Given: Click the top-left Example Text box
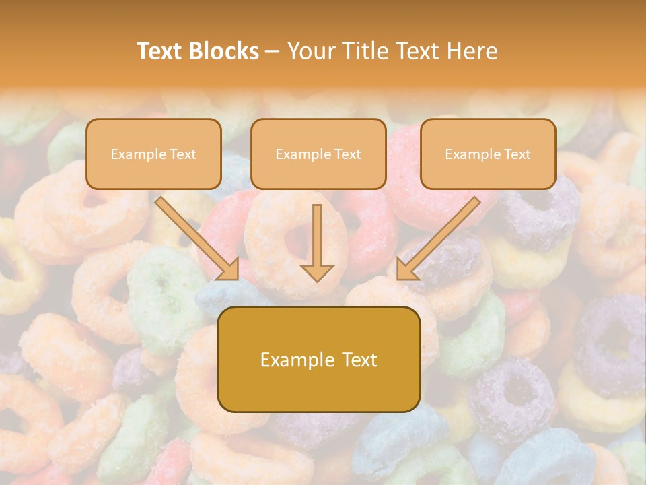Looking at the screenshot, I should [x=153, y=154].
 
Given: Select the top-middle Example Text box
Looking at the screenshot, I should [x=318, y=154].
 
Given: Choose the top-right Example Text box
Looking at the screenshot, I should [x=488, y=154].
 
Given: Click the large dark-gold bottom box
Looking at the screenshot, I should [x=318, y=384].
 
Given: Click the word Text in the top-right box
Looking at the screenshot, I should [x=517, y=154].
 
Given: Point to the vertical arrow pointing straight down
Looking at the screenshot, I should [x=318, y=239].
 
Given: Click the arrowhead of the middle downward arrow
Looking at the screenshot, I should [x=318, y=271].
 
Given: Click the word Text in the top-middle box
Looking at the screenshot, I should [x=347, y=154].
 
